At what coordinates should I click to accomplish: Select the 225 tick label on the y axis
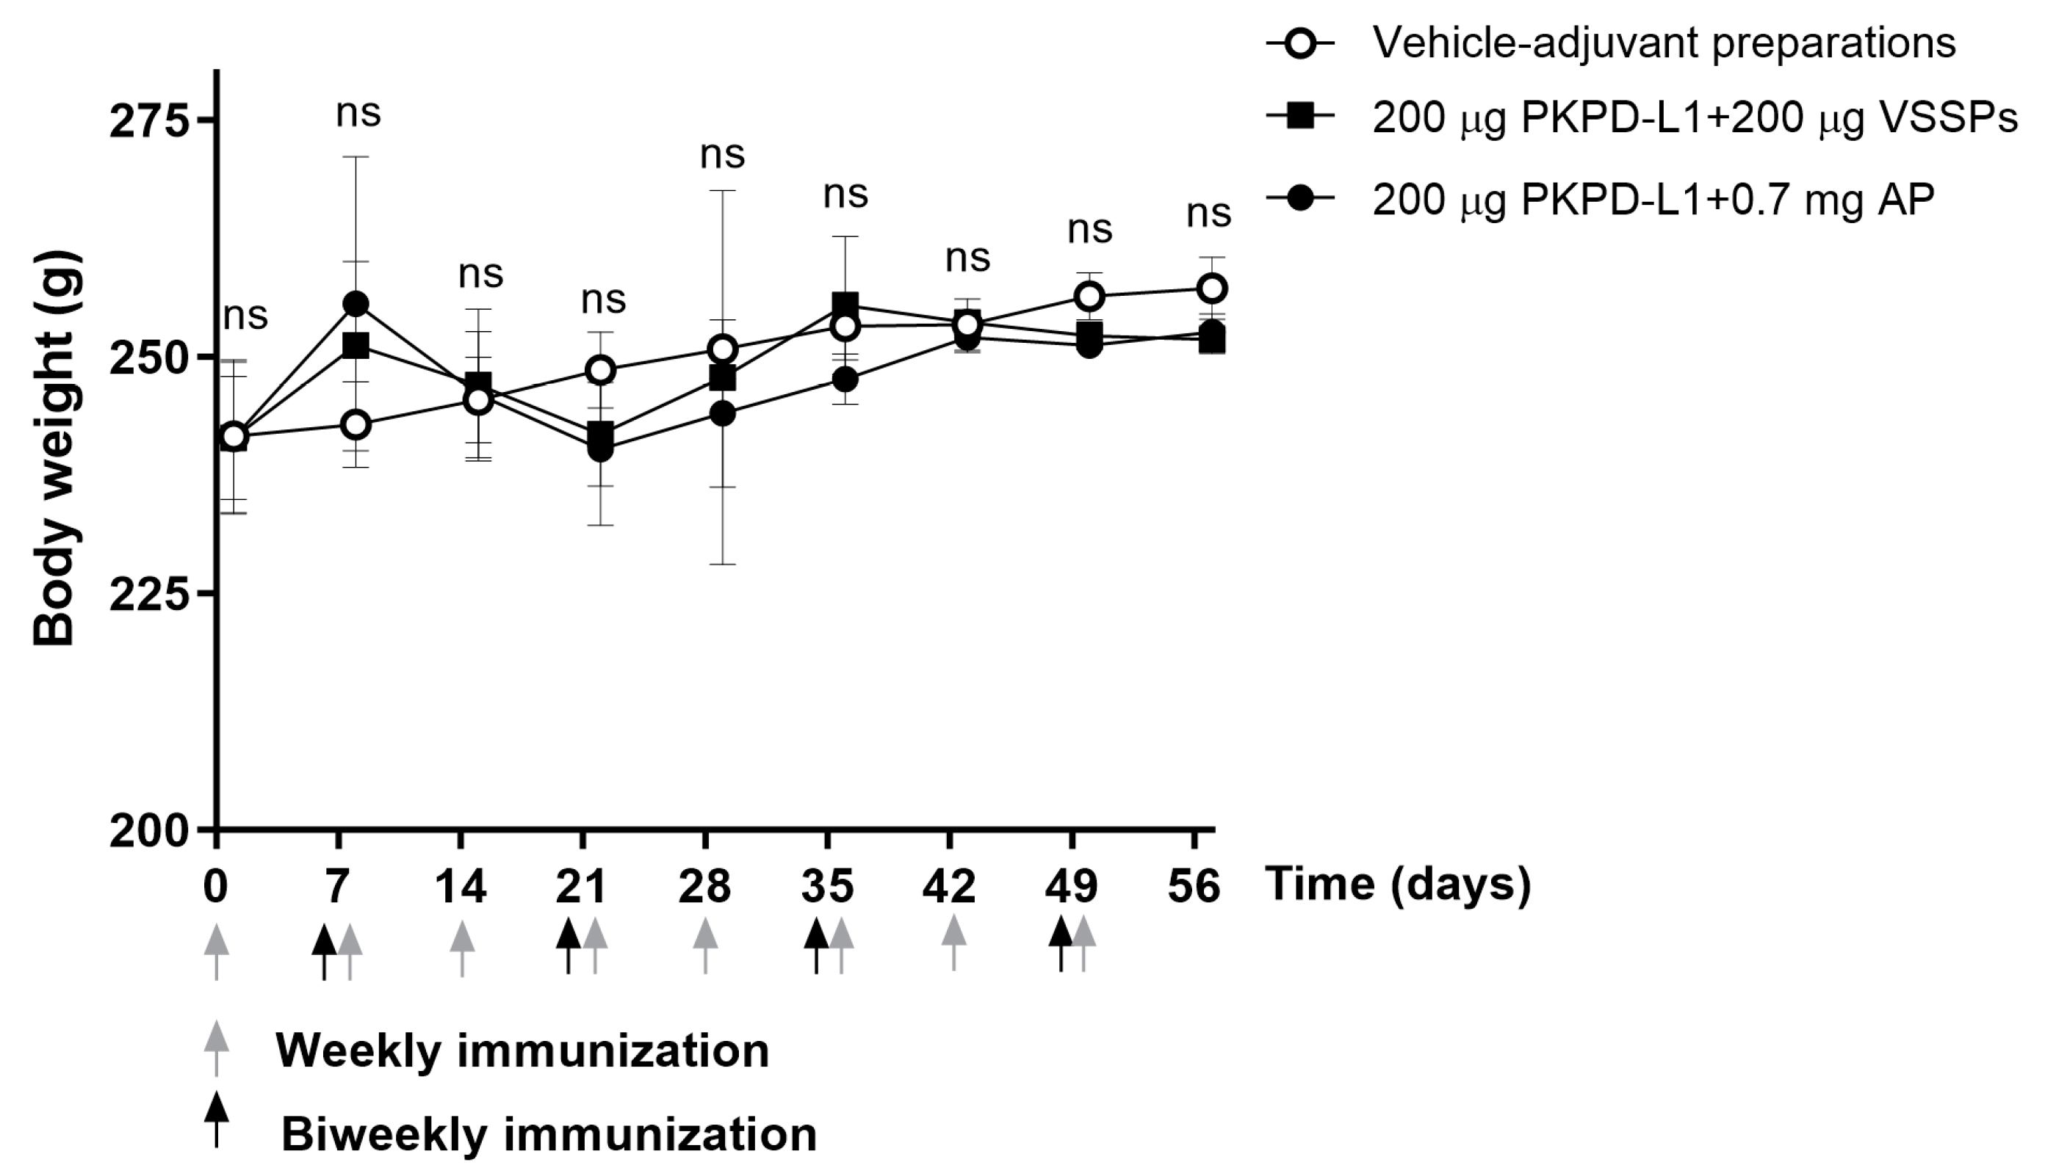[148, 593]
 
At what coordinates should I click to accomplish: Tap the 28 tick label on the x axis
[704, 886]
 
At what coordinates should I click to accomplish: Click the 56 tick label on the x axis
[1194, 886]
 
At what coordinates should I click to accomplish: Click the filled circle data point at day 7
[356, 304]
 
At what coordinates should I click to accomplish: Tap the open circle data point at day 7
[356, 424]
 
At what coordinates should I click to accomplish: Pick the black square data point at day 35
[845, 305]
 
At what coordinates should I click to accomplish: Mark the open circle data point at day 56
[1211, 288]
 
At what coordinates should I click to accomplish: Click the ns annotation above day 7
[358, 113]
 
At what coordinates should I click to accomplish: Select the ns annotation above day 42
[967, 258]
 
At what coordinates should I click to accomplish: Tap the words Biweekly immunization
[549, 1135]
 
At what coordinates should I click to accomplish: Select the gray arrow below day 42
[954, 942]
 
